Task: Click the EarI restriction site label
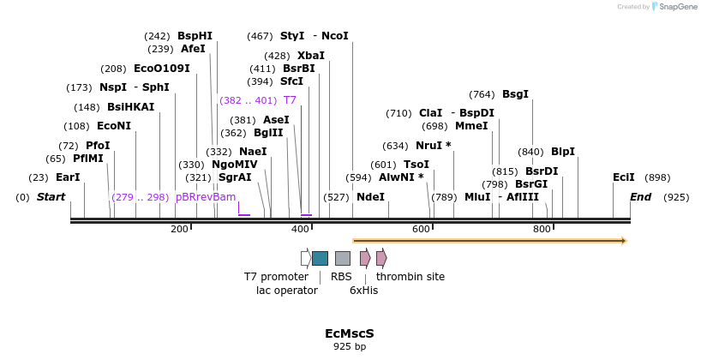pyautogui.click(x=67, y=177)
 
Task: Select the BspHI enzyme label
pyautogui.click(x=195, y=36)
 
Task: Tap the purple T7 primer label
pyautogui.click(x=290, y=100)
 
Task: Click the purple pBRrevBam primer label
pyautogui.click(x=205, y=197)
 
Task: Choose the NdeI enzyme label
pyautogui.click(x=370, y=197)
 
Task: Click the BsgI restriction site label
pyautogui.click(x=515, y=94)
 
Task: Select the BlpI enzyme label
pyautogui.click(x=563, y=152)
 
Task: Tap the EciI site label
pyautogui.click(x=624, y=177)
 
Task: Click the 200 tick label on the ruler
pyautogui.click(x=179, y=229)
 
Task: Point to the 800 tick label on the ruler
pyautogui.click(x=542, y=229)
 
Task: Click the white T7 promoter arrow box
pyautogui.click(x=306, y=258)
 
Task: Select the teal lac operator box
pyautogui.click(x=320, y=258)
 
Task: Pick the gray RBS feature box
pyautogui.click(x=342, y=258)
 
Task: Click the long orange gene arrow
pyautogui.click(x=489, y=241)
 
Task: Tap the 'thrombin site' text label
pyautogui.click(x=410, y=277)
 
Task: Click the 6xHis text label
pyautogui.click(x=363, y=291)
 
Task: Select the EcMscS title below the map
pyautogui.click(x=350, y=333)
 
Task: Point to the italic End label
pyautogui.click(x=640, y=197)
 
